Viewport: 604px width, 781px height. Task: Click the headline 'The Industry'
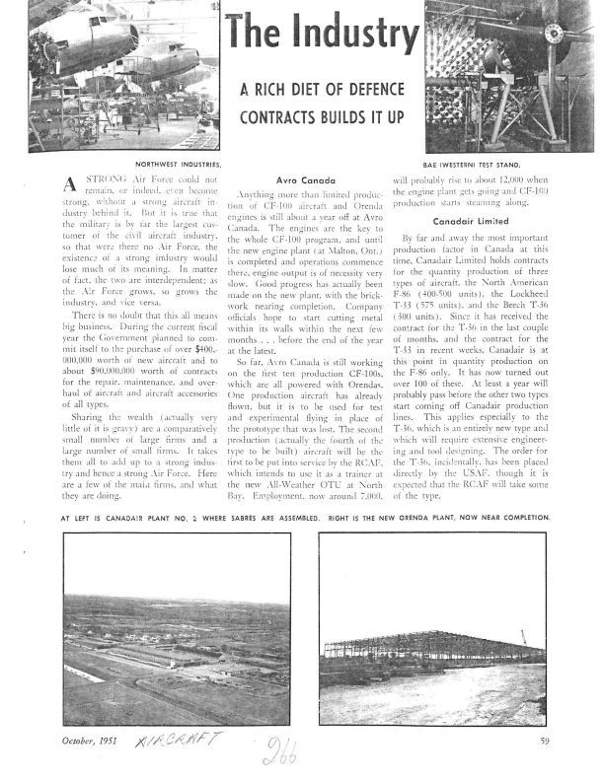(321, 35)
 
